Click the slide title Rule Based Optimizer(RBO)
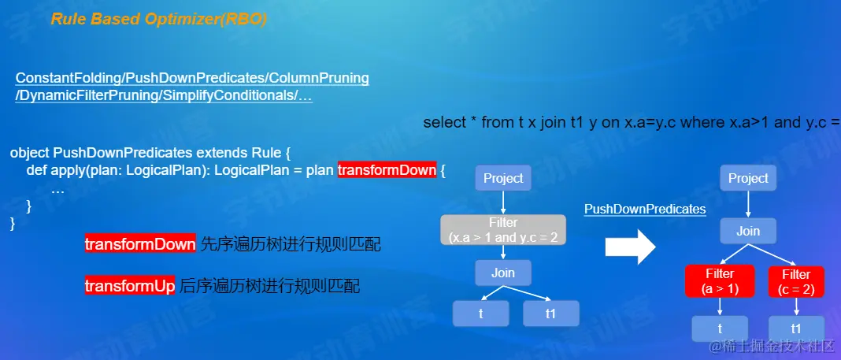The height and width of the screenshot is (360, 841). pos(159,20)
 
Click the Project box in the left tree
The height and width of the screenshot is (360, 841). pos(503,178)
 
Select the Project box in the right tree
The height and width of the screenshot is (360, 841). pos(748,178)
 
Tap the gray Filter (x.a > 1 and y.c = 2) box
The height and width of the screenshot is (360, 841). pos(503,229)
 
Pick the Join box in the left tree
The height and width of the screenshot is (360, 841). pos(503,273)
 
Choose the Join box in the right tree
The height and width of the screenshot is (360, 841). pos(748,232)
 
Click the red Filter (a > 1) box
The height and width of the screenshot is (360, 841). pos(720,281)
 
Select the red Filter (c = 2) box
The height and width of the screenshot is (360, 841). pos(796,281)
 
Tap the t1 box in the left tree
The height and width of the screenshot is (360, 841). pos(551,314)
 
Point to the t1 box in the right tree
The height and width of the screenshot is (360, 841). pos(796,328)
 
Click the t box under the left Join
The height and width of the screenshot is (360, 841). pos(480,314)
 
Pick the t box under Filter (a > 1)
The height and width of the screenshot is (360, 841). pos(720,328)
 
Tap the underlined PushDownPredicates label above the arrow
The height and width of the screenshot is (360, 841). pos(645,209)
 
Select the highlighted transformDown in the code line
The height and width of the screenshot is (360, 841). pos(387,170)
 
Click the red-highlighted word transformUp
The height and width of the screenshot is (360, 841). pos(130,286)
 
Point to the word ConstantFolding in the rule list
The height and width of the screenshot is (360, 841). pos(69,78)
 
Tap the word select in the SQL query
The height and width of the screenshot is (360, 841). pos(445,122)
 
